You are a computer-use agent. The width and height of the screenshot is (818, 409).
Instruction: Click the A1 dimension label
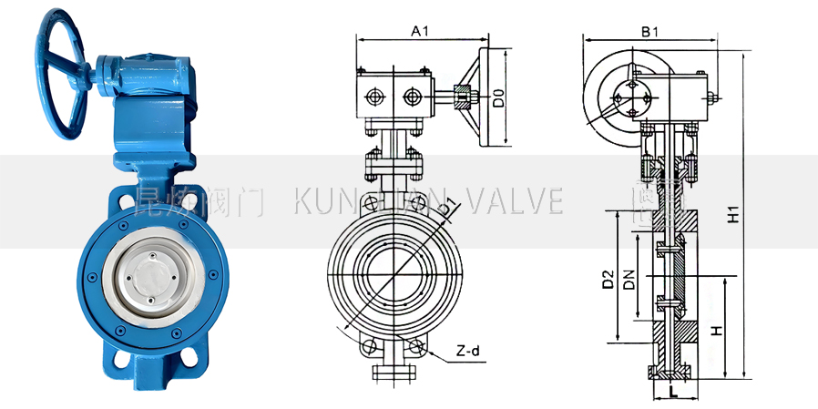[420, 31]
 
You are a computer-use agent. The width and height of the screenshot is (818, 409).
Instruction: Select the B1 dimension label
[649, 31]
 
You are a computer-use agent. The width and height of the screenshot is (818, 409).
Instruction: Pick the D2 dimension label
[608, 280]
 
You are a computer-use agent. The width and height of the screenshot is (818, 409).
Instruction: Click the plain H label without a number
[717, 332]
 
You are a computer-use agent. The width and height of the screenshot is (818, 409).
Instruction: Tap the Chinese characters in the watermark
[196, 201]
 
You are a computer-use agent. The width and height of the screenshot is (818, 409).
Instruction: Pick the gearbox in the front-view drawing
[394, 97]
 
